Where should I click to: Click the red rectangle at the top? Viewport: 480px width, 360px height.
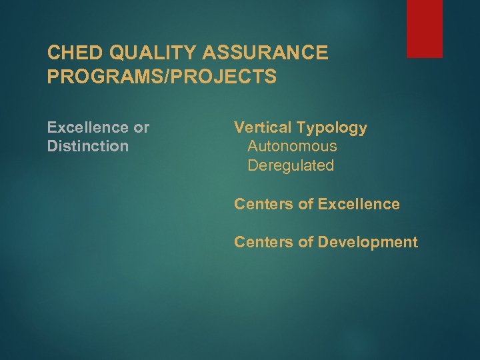click(425, 29)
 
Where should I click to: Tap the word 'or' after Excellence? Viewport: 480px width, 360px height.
click(141, 127)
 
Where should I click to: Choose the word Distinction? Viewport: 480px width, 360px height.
click(88, 146)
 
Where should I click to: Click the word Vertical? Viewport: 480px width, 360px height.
click(261, 127)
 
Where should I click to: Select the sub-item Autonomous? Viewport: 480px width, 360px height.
click(292, 146)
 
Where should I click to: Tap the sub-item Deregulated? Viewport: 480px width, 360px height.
click(291, 165)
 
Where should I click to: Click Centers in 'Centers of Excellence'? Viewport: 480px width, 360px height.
click(263, 204)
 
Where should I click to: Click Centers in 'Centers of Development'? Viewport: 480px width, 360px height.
click(263, 242)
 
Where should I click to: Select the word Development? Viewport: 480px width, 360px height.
click(367, 242)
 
